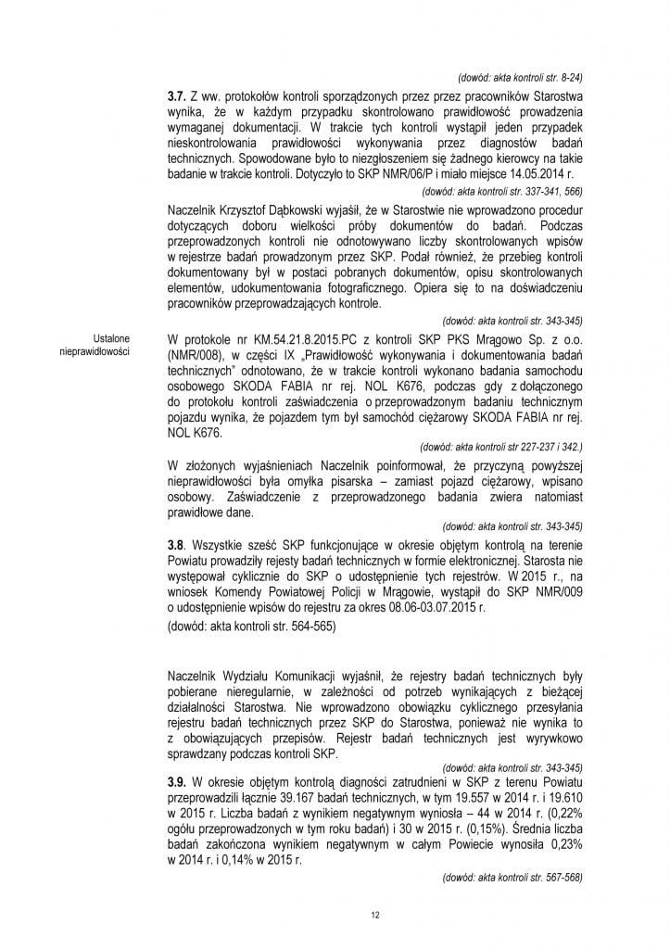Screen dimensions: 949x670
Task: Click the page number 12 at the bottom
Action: [374, 917]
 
